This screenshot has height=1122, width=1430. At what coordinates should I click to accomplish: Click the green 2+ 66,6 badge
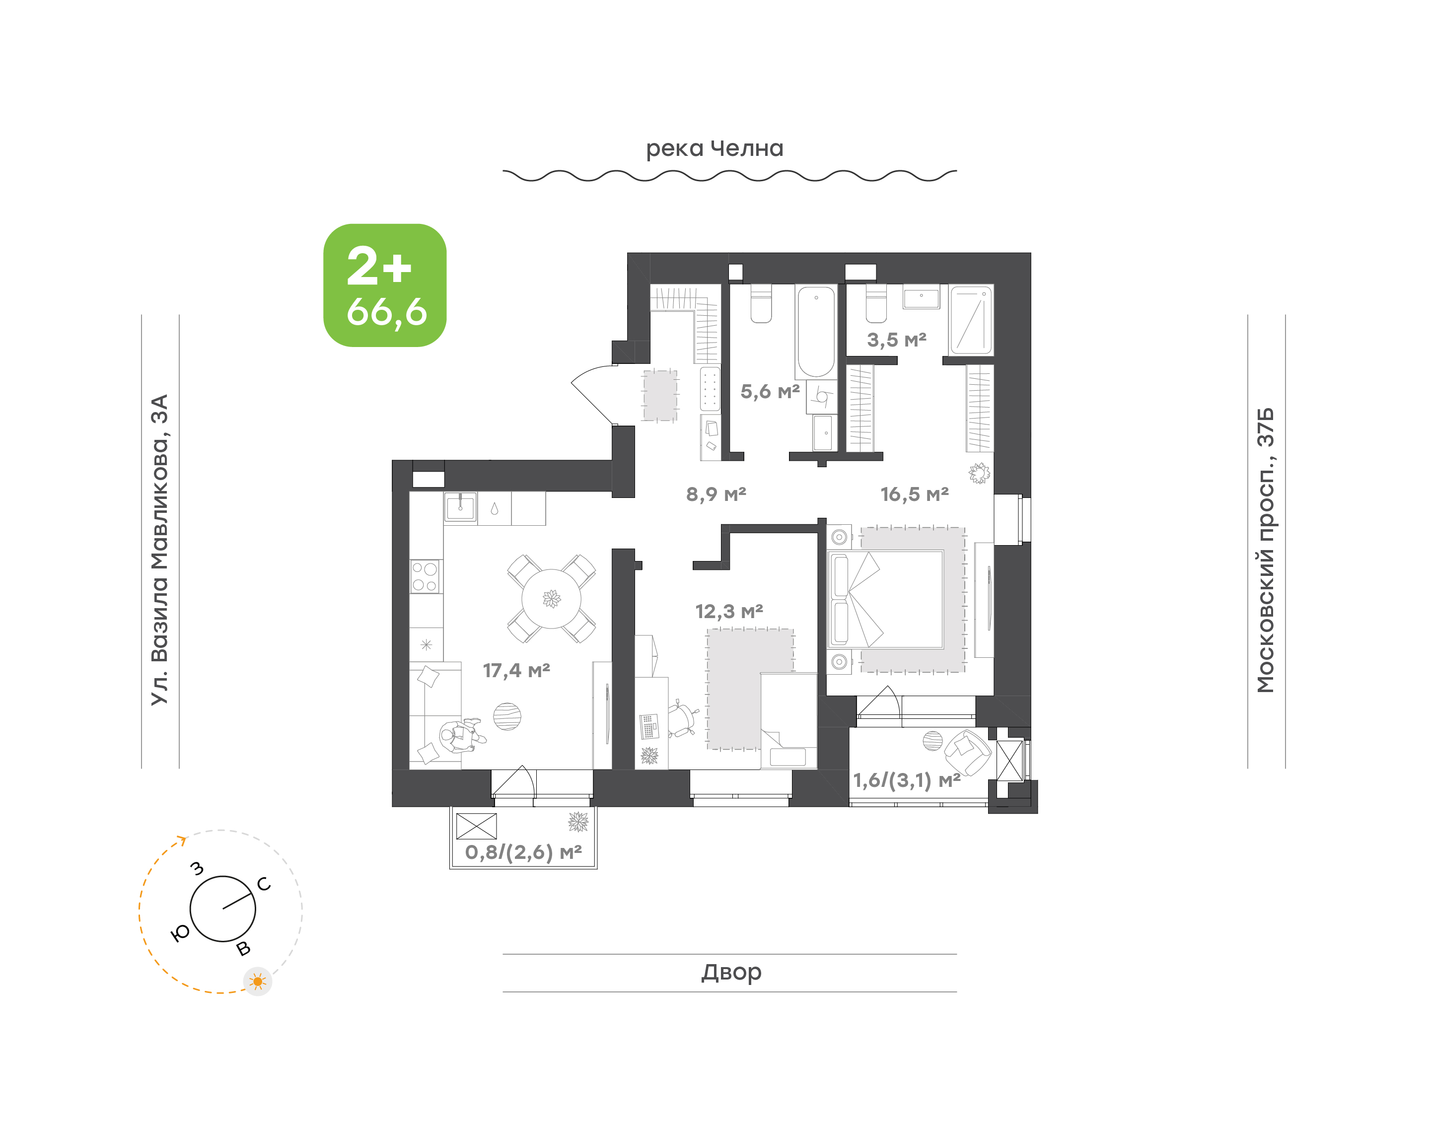384,285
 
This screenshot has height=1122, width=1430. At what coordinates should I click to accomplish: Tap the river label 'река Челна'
715,149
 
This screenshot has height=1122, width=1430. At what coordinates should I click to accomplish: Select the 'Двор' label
731,972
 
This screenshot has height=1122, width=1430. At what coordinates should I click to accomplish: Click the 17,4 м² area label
516,670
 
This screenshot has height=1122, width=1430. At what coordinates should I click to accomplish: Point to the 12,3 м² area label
729,612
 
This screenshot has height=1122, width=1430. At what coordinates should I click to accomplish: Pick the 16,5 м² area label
915,494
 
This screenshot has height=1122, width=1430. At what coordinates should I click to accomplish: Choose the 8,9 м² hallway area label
716,494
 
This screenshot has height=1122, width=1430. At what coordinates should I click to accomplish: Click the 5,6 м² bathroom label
770,392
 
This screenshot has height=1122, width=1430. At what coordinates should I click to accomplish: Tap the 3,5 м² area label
897,340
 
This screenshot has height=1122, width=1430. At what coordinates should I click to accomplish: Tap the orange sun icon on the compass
258,982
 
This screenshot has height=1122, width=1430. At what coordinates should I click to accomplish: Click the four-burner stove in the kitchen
425,576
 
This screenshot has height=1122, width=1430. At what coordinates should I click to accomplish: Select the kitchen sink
460,507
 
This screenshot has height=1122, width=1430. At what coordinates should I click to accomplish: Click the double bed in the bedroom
885,600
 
